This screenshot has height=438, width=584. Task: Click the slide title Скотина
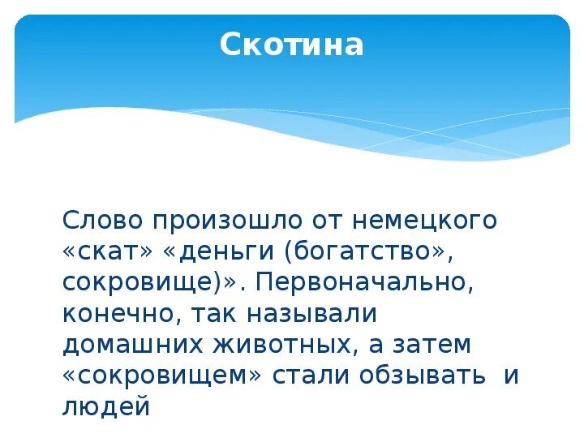[x=292, y=45]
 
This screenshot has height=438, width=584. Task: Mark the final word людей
[x=106, y=406]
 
